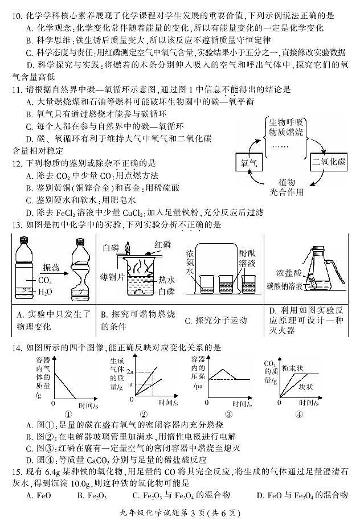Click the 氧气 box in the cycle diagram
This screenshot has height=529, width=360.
(249, 163)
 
